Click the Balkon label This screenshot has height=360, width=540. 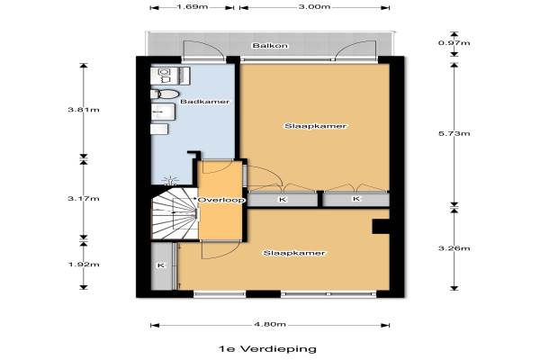pyautogui.click(x=270, y=46)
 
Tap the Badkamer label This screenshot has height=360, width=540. pyautogui.click(x=205, y=102)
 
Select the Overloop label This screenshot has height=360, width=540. pyautogui.click(x=221, y=200)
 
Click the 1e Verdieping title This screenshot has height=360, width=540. pyautogui.click(x=267, y=349)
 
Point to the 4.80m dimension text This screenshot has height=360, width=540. pyautogui.click(x=270, y=325)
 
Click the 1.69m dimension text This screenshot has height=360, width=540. pyautogui.click(x=193, y=7)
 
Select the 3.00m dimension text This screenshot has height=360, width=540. pyautogui.click(x=314, y=7)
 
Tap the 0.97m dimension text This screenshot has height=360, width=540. pyautogui.click(x=454, y=43)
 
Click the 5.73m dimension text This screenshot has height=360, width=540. pyautogui.click(x=454, y=134)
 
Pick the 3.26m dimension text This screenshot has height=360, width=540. pyautogui.click(x=454, y=248)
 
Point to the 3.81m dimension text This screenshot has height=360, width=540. pyautogui.click(x=84, y=110)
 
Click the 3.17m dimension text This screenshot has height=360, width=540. pyautogui.click(x=84, y=199)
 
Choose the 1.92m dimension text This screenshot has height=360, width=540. pyautogui.click(x=84, y=265)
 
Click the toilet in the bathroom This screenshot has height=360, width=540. pyautogui.click(x=165, y=94)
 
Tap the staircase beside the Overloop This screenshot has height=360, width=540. pyautogui.click(x=175, y=213)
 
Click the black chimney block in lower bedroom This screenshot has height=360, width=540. pyautogui.click(x=381, y=227)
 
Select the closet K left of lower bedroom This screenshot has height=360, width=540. pyautogui.click(x=162, y=266)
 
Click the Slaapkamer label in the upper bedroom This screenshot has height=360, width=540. pyautogui.click(x=315, y=126)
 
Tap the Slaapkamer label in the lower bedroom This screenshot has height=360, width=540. pyautogui.click(x=294, y=253)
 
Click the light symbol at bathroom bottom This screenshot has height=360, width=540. pyautogui.click(x=171, y=180)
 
